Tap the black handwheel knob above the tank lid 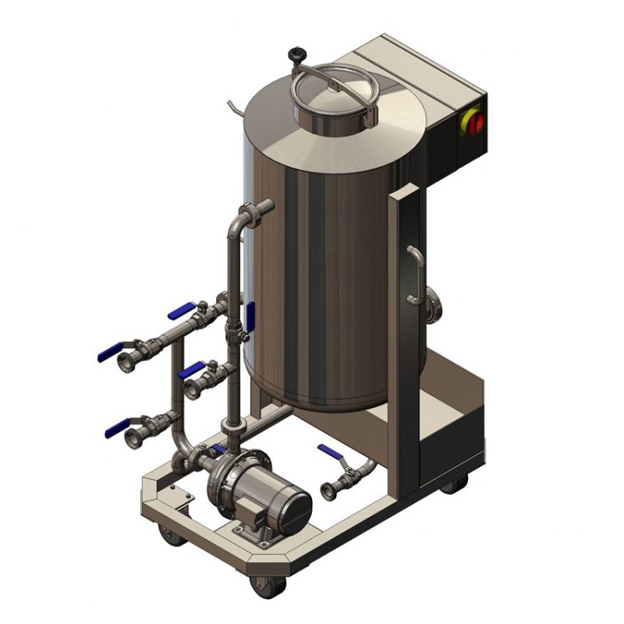pos(295,55)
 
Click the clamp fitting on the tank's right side pos(433,305)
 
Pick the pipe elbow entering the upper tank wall pos(249,213)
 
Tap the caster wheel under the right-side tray pos(455,483)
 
